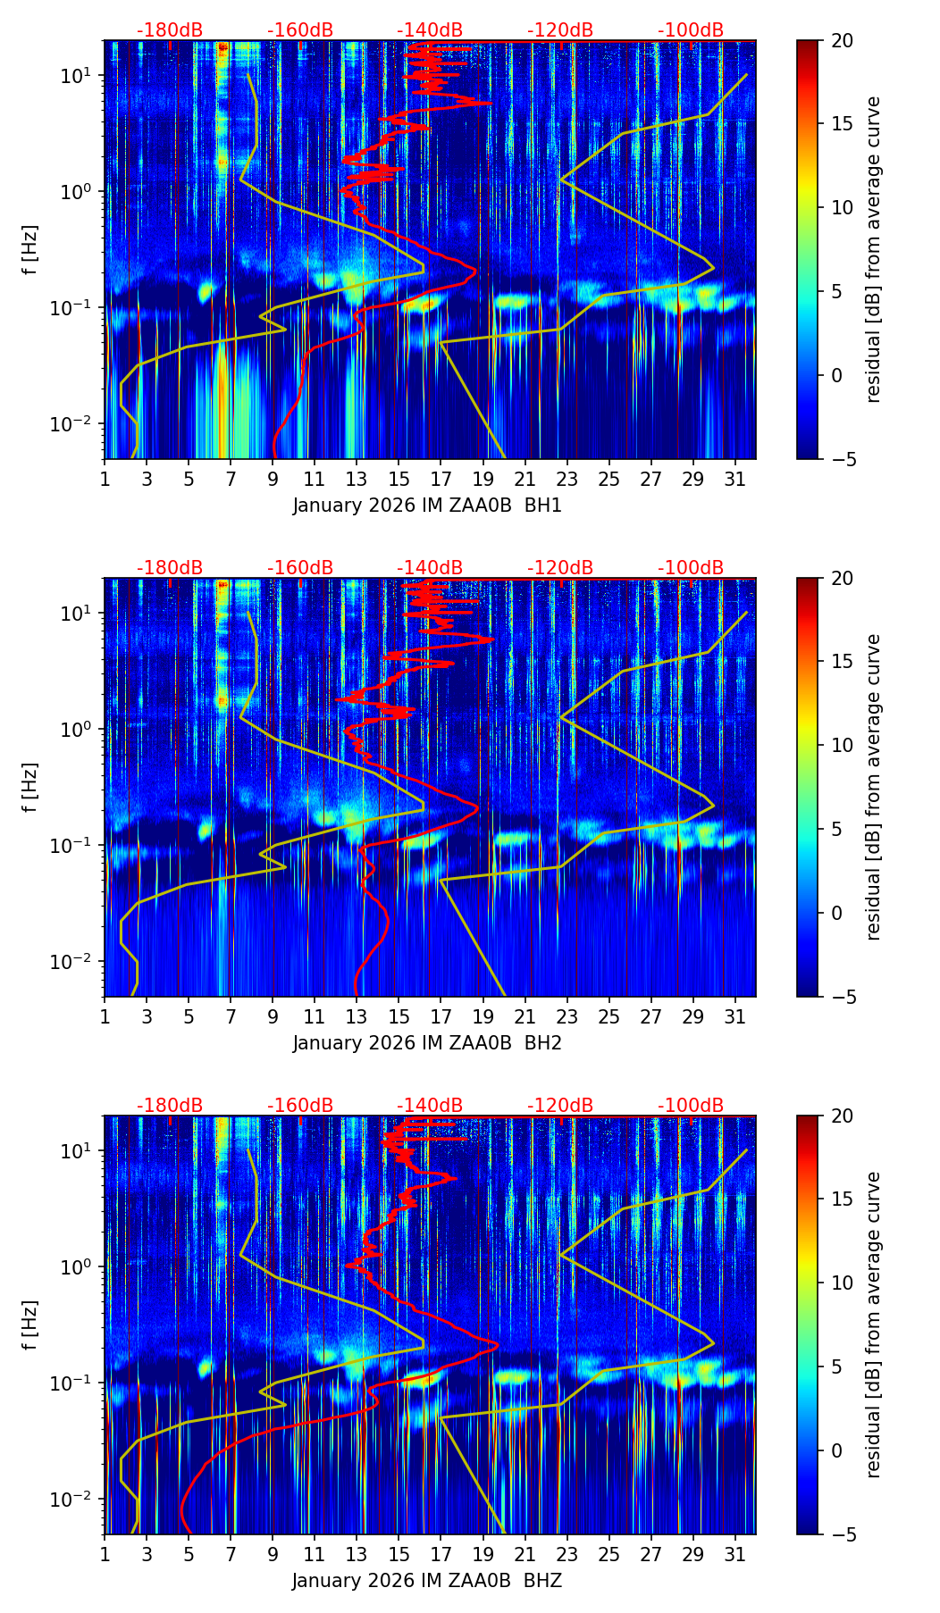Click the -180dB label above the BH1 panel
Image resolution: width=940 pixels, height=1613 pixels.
(170, 30)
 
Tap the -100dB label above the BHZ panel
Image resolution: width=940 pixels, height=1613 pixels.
(691, 1106)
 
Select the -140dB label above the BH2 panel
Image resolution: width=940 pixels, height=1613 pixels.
(430, 568)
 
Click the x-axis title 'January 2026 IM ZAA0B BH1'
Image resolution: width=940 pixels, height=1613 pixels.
(427, 506)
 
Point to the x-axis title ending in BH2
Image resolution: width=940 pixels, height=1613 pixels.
(427, 1043)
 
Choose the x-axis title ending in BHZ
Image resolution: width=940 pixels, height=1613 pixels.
(427, 1581)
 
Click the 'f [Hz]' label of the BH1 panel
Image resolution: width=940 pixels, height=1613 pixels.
(30, 250)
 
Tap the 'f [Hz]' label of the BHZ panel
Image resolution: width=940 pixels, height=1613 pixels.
(30, 1325)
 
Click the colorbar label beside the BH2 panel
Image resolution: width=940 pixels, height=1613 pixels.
(873, 787)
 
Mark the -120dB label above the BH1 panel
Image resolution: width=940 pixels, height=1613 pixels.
(560, 30)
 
